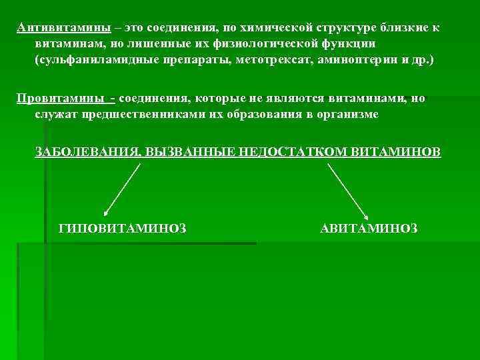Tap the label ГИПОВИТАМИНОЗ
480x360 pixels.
123,229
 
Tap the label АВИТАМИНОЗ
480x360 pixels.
369,229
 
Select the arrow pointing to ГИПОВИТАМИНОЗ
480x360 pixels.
121,189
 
